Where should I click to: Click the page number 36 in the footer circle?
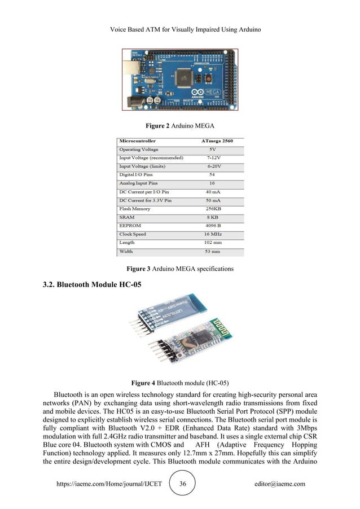[x=182, y=484]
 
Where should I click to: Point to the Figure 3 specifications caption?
[x=179, y=267]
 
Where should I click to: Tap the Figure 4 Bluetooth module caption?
[x=179, y=382]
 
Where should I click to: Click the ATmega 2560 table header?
[x=214, y=140]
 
